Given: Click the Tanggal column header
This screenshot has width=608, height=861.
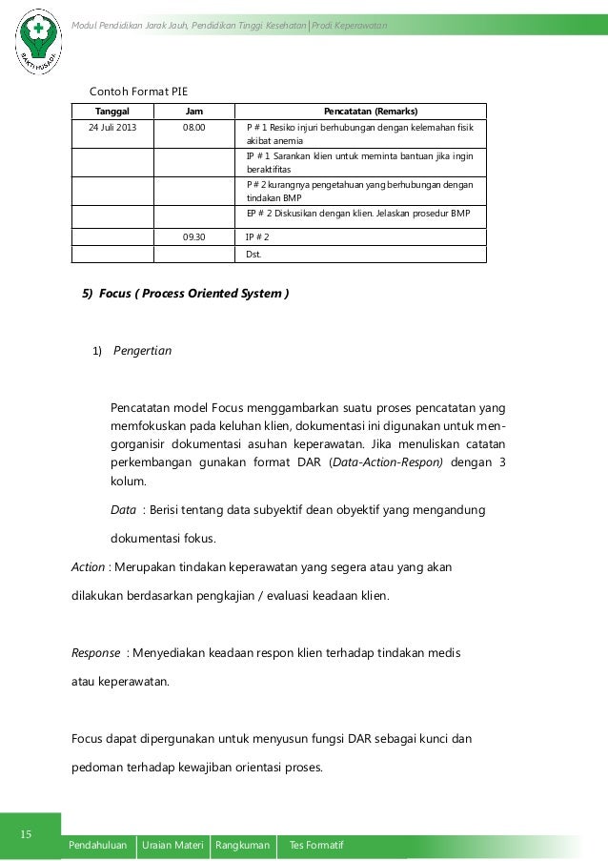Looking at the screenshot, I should point(112,111).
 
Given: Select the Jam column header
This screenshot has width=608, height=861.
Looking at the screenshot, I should point(193,111).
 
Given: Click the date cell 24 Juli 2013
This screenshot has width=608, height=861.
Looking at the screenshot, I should point(112,127).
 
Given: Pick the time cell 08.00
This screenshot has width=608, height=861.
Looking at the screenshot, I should point(193,127).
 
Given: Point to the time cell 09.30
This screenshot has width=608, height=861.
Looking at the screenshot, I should point(193,236).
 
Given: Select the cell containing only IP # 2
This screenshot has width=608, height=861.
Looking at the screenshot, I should point(257,236).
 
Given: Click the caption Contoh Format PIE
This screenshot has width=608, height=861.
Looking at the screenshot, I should point(138,92).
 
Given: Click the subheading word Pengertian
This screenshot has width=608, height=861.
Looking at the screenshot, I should point(143,351).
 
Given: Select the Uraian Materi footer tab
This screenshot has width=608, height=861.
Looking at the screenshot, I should point(172,846).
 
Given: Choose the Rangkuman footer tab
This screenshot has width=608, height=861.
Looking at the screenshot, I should point(242,846).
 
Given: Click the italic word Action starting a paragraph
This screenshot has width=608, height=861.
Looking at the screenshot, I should point(90,568).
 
